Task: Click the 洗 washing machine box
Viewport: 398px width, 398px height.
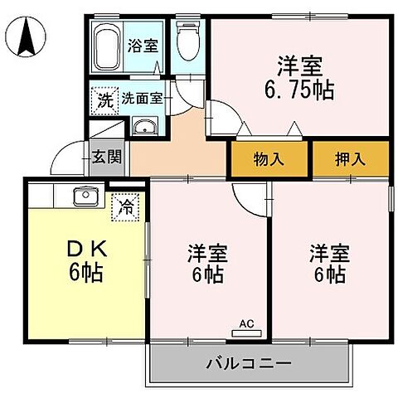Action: (104, 101)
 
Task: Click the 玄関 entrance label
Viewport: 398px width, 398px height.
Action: (105, 156)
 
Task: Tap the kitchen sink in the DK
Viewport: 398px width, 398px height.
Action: (85, 197)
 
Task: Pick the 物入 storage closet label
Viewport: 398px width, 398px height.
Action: (270, 159)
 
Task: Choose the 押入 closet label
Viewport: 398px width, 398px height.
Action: (350, 159)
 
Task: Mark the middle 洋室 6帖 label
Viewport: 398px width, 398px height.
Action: (207, 264)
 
